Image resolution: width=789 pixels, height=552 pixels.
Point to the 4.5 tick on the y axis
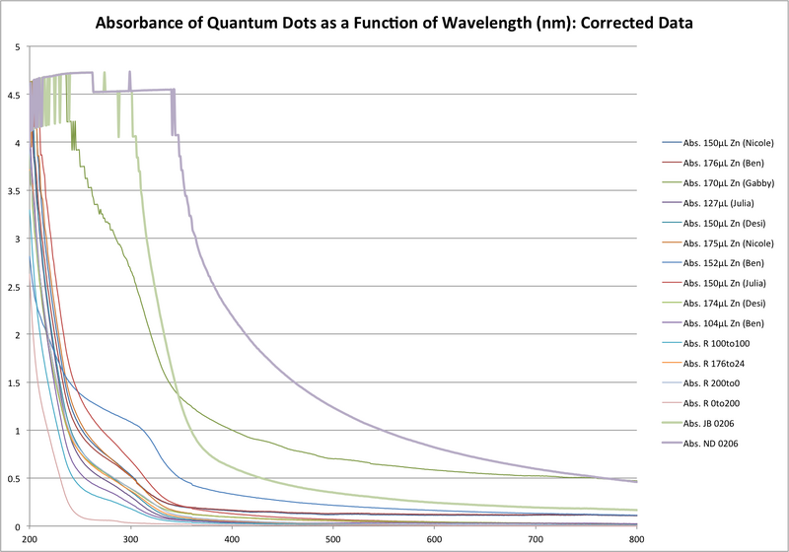point(17,95)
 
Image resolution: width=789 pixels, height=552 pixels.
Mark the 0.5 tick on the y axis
point(17,479)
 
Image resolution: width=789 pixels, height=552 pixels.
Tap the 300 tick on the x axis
point(131,539)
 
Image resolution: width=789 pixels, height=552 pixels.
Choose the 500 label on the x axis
point(333,539)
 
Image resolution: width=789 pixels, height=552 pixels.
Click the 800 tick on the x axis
point(636,539)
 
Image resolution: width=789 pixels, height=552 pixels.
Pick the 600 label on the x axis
point(434,539)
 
